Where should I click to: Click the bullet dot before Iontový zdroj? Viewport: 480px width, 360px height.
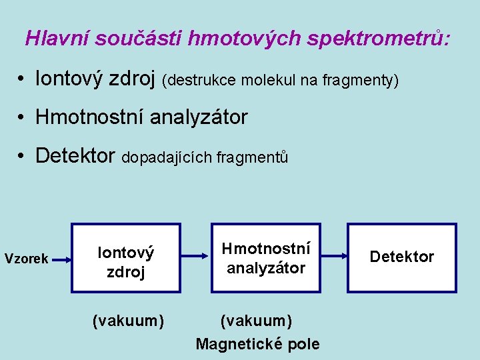pos(22,80)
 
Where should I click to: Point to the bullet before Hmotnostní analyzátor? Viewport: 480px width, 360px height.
pos(22,118)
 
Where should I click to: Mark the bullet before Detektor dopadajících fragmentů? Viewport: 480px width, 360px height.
pos(22,156)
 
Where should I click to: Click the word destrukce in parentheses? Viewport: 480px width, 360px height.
pos(201,81)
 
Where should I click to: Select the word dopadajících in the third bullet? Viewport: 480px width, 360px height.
pos(167,158)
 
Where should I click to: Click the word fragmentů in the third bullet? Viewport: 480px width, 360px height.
pos(255,158)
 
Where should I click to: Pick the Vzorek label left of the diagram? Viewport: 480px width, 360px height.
pos(26,259)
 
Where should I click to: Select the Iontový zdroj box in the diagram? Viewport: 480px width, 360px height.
pos(126,258)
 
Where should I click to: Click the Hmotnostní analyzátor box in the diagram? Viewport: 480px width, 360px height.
pos(265,258)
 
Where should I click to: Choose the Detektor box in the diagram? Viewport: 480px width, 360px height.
pos(402,257)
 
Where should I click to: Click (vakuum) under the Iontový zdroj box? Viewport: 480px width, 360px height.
pos(128,321)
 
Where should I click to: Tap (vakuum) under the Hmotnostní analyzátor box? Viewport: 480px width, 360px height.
pos(256,321)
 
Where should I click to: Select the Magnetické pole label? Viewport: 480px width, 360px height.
pos(257,344)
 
